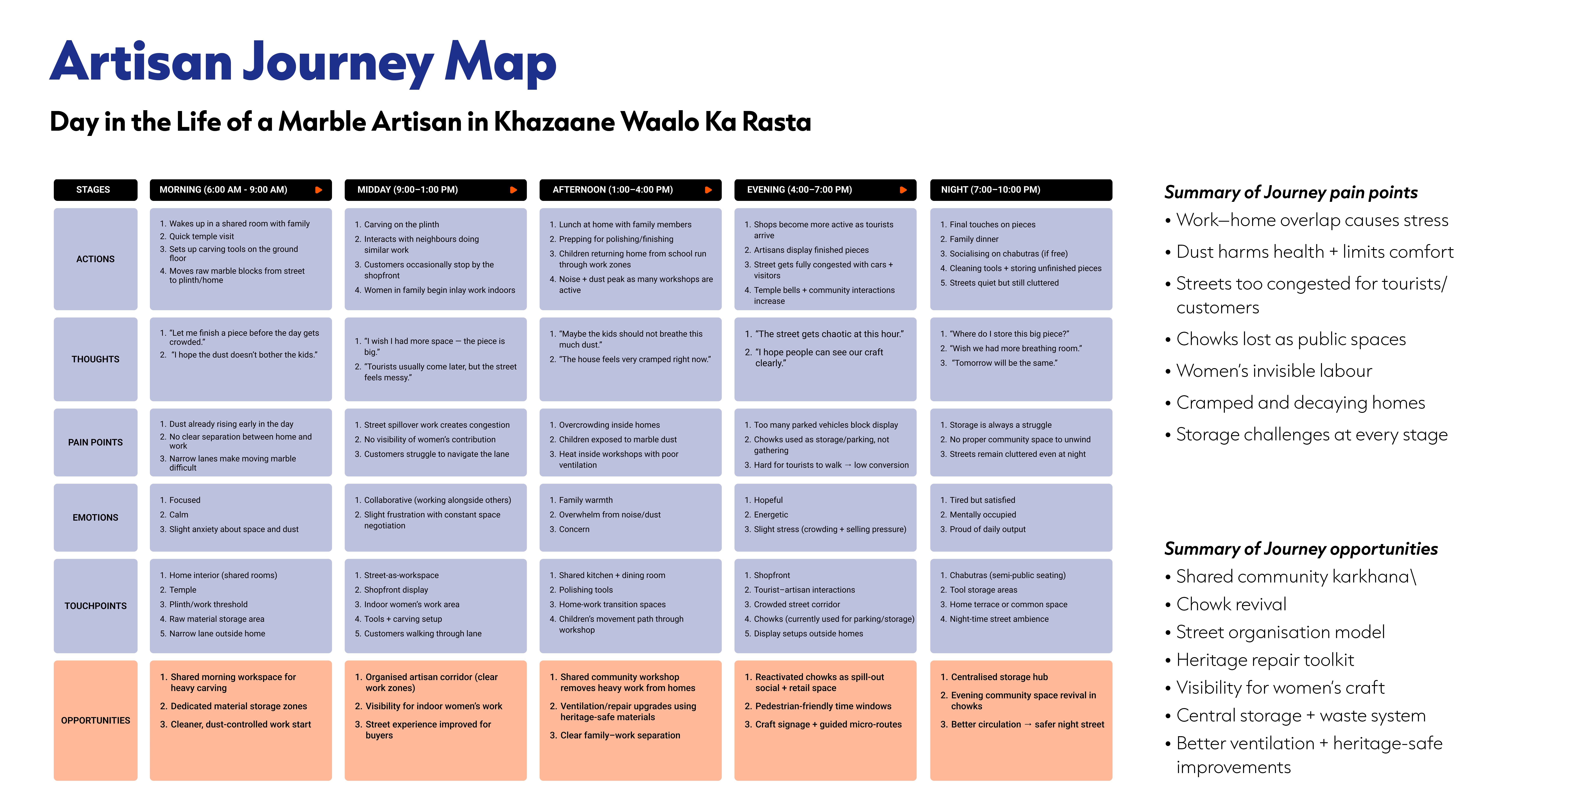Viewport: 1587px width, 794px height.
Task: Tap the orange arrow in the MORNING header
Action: pos(319,190)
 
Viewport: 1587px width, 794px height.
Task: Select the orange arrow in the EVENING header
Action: pos(903,190)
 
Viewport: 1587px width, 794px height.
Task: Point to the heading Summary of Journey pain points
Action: pos(1291,192)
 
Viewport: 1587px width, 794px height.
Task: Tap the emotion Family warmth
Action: pos(585,500)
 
